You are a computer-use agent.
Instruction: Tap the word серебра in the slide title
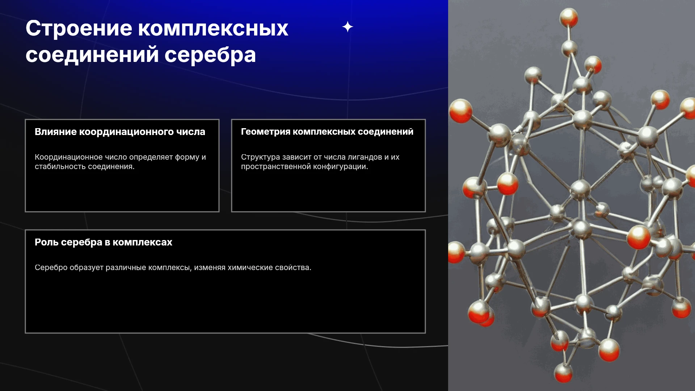[x=210, y=55]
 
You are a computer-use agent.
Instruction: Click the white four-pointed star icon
[x=347, y=27]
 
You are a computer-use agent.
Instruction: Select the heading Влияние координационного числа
[x=120, y=132]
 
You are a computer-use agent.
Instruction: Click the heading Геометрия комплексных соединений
[x=327, y=132]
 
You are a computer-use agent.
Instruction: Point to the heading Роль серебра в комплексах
[x=104, y=242]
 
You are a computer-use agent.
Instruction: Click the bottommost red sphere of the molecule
[x=564, y=374]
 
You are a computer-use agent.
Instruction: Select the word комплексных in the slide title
[x=213, y=29]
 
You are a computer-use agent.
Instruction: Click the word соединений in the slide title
[x=92, y=55]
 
